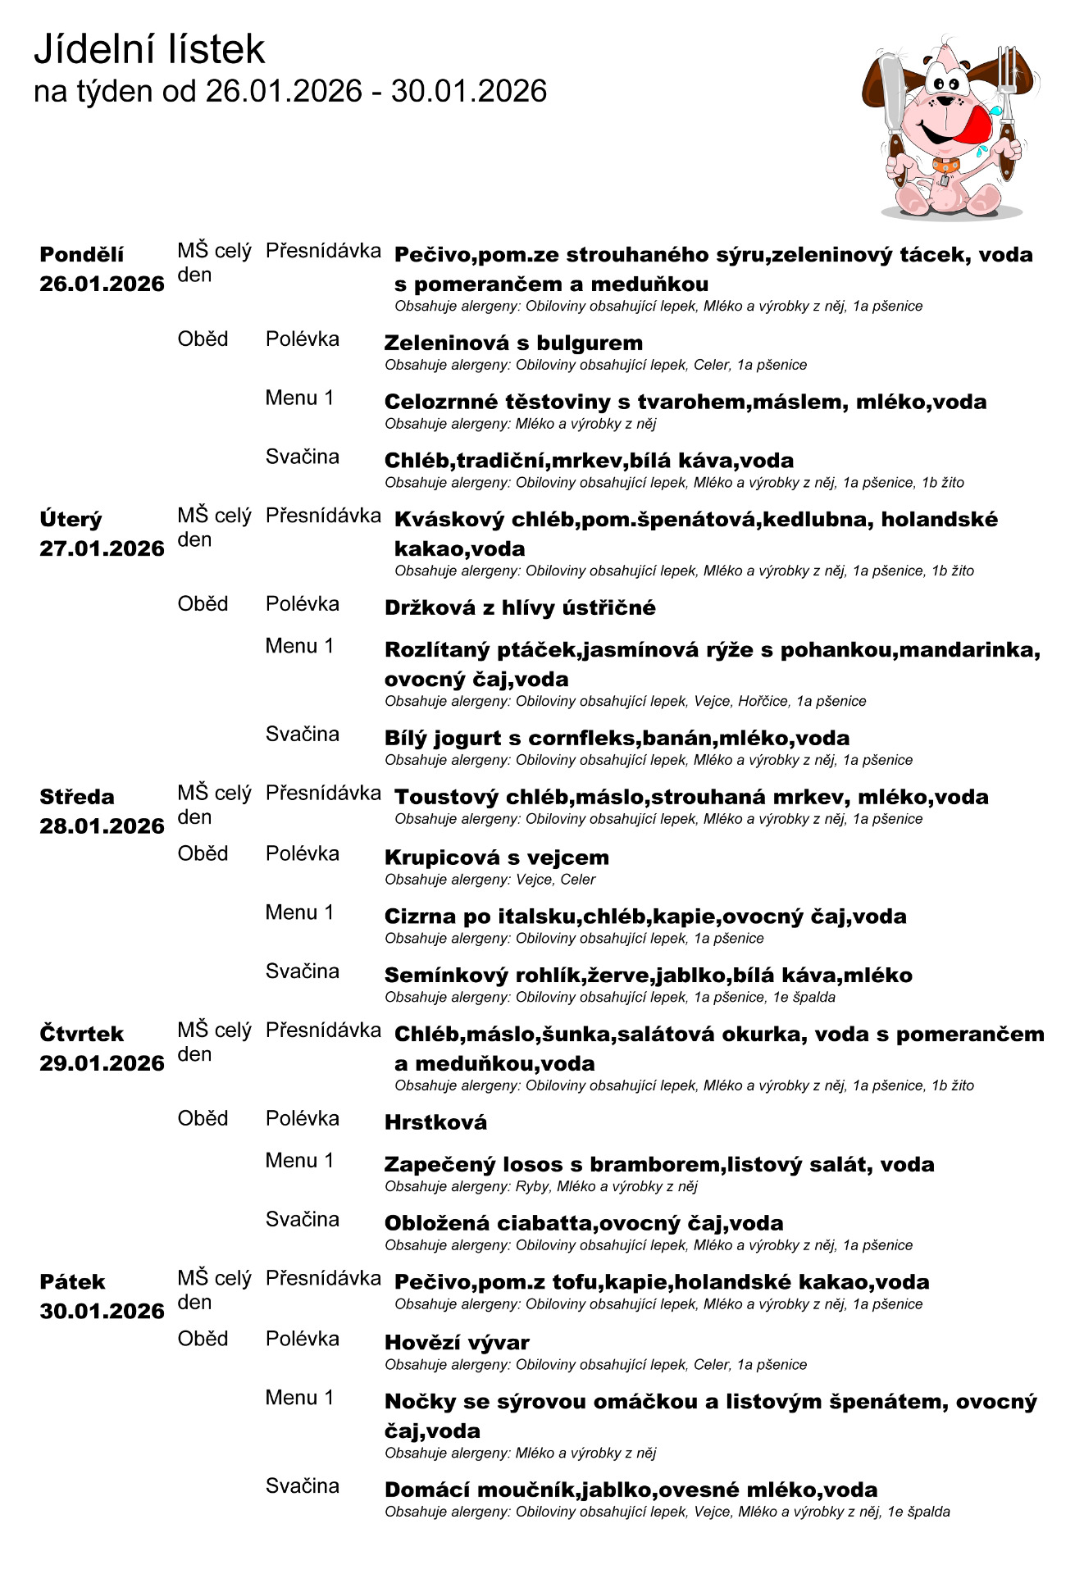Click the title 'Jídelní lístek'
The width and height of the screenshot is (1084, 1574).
(149, 49)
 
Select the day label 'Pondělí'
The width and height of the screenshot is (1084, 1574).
(82, 254)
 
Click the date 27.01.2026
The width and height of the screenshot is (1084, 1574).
(102, 548)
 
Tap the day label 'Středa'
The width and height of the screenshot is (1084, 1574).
(77, 797)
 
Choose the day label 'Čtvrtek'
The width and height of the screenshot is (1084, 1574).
(82, 1034)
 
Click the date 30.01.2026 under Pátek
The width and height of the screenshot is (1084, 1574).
(102, 1311)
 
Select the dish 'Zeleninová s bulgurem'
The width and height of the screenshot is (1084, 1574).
(513, 343)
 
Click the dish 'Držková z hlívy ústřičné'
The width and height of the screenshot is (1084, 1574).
(520, 607)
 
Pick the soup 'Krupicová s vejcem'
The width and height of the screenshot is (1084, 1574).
(496, 858)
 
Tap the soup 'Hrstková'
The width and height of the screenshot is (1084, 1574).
(435, 1122)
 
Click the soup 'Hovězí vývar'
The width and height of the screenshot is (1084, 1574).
(457, 1342)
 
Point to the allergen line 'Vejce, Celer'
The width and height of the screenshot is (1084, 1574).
(490, 880)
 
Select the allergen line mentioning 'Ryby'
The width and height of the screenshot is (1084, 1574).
(541, 1186)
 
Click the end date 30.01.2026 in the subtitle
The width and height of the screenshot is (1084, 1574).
(468, 91)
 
